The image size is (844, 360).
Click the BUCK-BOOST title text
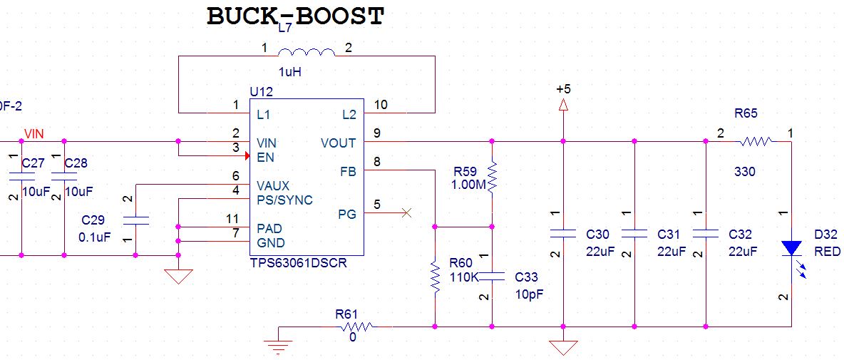295,16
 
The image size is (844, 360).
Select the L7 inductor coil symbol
306,53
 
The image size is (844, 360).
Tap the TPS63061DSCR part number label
297,262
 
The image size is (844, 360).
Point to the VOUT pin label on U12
338,143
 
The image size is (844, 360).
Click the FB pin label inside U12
348,171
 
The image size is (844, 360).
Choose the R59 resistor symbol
492,177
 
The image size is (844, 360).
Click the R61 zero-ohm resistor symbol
356,326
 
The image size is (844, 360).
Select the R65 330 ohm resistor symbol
755,142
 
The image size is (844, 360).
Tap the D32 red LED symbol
791,248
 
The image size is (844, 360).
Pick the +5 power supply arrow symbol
563,105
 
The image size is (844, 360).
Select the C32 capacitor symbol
706,234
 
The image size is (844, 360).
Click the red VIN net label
34,133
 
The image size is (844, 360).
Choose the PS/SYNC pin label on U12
284,200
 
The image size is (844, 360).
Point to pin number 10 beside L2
381,105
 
